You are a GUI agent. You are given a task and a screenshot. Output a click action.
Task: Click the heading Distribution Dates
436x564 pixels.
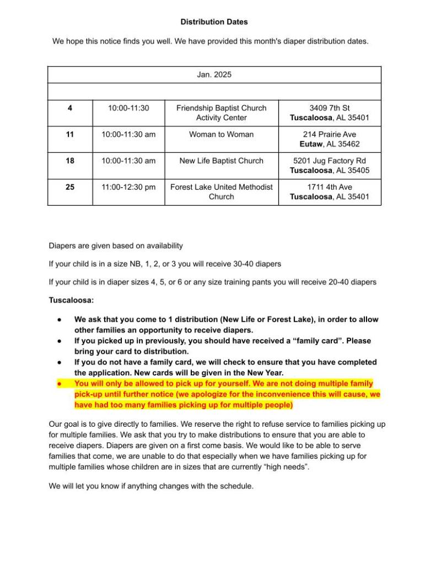(x=214, y=22)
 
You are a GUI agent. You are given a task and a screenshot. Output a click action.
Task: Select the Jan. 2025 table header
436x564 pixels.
(x=214, y=74)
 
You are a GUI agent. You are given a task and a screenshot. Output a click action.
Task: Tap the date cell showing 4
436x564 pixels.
(x=70, y=108)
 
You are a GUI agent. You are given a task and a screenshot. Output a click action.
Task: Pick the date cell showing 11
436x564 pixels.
(x=70, y=135)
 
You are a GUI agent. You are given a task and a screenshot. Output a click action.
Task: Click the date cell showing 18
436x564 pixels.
(x=70, y=161)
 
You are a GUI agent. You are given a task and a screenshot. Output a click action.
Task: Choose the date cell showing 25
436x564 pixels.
(x=70, y=187)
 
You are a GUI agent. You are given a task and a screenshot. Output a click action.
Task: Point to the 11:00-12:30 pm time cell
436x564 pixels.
(x=128, y=187)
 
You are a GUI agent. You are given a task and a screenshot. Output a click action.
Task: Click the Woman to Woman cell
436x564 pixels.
(x=221, y=135)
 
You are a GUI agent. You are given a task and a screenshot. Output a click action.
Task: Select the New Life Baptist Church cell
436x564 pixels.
(x=221, y=161)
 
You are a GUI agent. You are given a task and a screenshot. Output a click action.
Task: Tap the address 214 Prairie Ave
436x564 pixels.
(x=330, y=135)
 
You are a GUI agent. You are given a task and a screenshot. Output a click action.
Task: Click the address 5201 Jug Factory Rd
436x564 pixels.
(x=330, y=161)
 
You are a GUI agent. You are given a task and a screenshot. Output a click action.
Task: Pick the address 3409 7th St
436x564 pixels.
(x=330, y=108)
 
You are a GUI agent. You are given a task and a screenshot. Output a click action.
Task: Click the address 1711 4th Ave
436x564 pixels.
(x=330, y=187)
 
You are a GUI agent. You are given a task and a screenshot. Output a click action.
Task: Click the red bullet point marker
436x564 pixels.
(x=60, y=384)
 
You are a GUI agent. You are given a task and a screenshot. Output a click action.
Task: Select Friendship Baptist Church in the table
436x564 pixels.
(x=221, y=108)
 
